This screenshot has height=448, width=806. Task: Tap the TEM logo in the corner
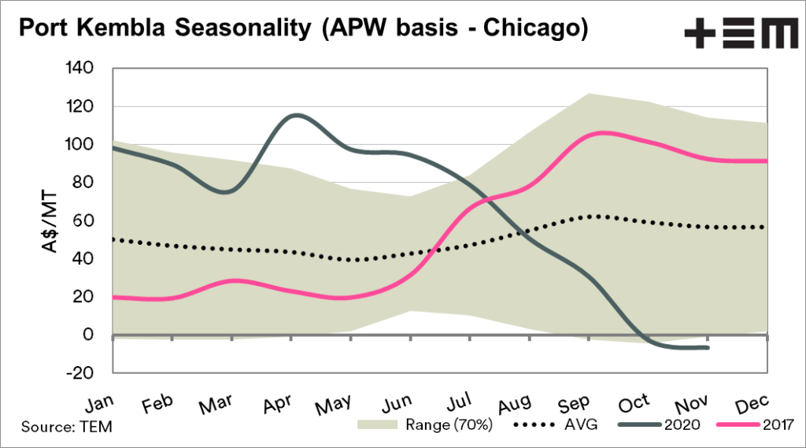[x=741, y=35]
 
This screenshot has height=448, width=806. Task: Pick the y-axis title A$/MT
[x=49, y=222]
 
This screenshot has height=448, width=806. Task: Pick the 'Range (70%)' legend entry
[x=426, y=426]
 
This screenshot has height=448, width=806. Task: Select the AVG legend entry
[x=555, y=426]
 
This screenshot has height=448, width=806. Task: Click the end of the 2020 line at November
[x=708, y=347]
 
